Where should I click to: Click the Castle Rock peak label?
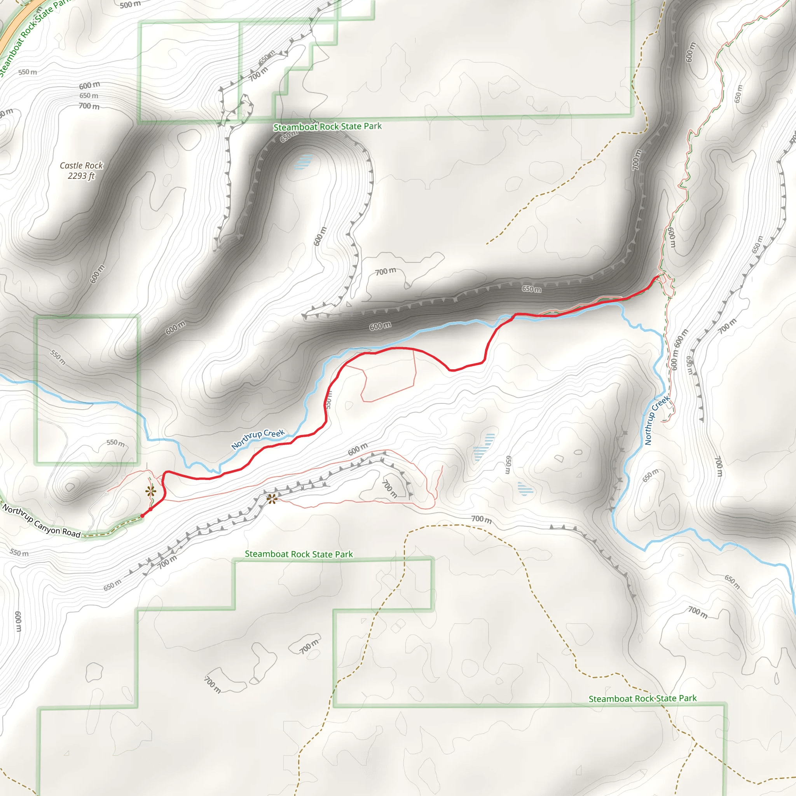[x=81, y=165]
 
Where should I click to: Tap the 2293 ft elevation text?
[x=81, y=176]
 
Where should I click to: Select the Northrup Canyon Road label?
[x=41, y=521]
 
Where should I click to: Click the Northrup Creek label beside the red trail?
[x=258, y=439]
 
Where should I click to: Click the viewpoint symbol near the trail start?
[x=151, y=491]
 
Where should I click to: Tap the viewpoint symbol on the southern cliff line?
[x=272, y=499]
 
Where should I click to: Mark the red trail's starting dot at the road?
[x=142, y=516]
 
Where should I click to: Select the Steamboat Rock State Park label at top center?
[x=328, y=126]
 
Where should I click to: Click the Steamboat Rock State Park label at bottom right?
[x=642, y=698]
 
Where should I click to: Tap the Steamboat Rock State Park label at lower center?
[x=299, y=554]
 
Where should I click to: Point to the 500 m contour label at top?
[x=130, y=5]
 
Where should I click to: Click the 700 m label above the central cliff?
[x=385, y=271]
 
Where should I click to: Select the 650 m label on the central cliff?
[x=531, y=289]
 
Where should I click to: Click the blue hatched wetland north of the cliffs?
[x=304, y=162]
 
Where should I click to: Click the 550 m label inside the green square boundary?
[x=58, y=357]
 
